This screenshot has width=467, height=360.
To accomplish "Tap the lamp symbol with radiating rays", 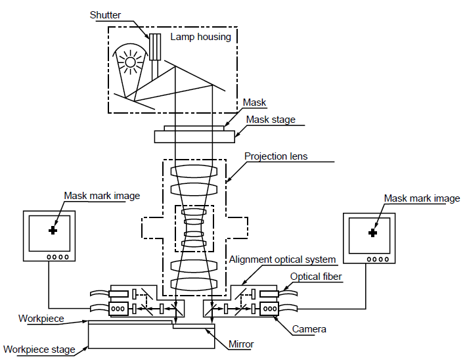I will (x=130, y=63).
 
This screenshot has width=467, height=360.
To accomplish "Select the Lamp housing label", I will (x=200, y=37).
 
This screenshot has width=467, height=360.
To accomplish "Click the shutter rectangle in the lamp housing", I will (x=156, y=47).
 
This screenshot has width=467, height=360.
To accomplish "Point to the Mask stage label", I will (x=271, y=120).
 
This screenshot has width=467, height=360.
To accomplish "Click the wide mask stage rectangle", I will (x=194, y=136).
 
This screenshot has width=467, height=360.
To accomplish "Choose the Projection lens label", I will (x=276, y=156).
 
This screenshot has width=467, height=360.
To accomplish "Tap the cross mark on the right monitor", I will (x=373, y=233).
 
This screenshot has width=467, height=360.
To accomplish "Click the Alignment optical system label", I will (x=282, y=260).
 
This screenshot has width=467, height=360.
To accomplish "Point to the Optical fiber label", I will (x=315, y=277).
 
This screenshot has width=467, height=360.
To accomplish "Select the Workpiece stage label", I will (x=39, y=349).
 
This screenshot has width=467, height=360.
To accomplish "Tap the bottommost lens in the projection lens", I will (x=194, y=284).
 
